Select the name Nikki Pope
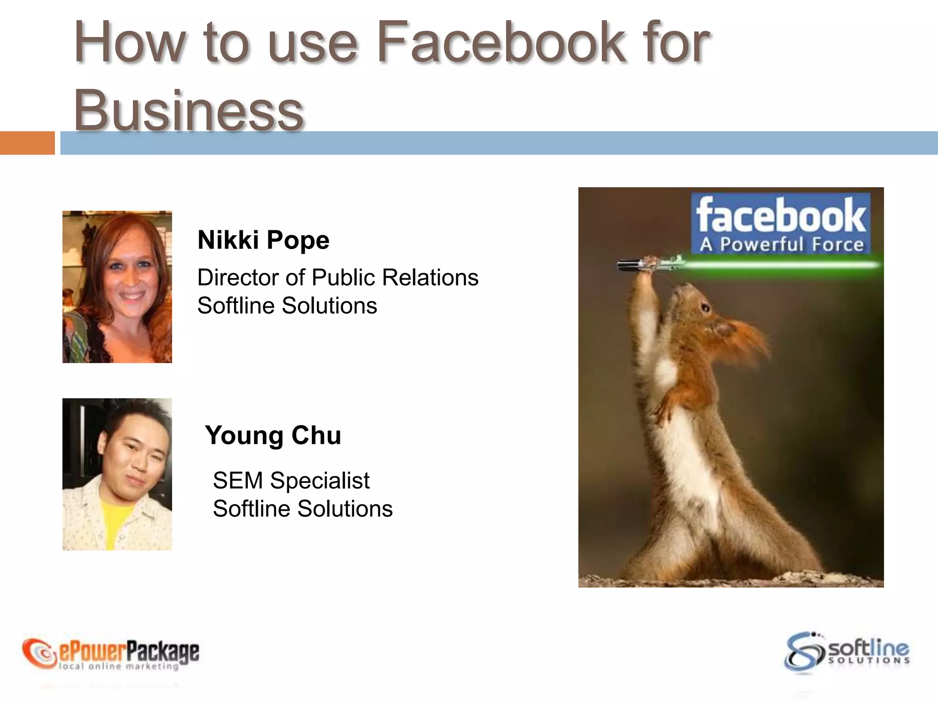(x=263, y=240)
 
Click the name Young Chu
(x=273, y=435)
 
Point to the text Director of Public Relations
(x=338, y=278)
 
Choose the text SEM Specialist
(x=291, y=481)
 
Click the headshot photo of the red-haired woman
(x=117, y=287)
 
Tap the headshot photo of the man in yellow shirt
(x=117, y=474)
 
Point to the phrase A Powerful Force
(x=781, y=244)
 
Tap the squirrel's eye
(x=706, y=308)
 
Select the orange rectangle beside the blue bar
(x=27, y=143)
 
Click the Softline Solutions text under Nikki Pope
(x=287, y=306)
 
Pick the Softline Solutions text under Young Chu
(x=302, y=509)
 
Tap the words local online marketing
(x=119, y=666)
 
